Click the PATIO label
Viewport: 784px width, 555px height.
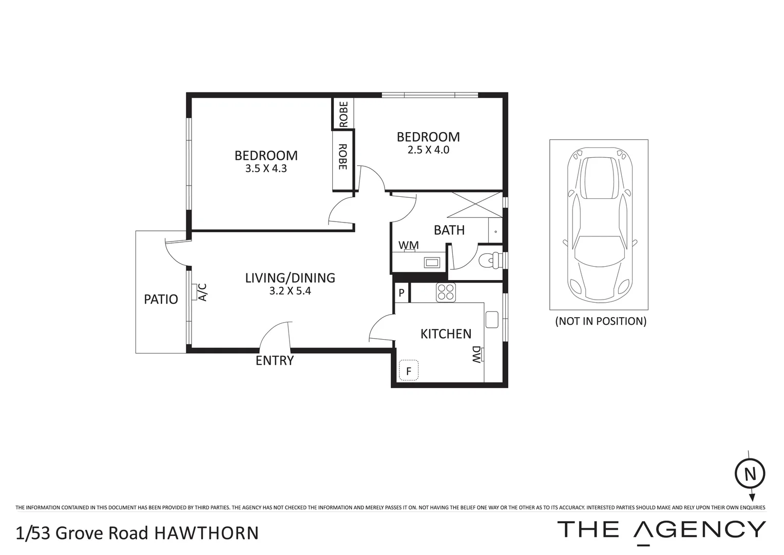coord(161,300)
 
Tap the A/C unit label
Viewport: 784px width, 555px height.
coord(202,292)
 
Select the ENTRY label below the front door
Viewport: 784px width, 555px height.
coord(275,361)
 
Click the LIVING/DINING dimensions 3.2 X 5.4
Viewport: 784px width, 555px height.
coord(290,291)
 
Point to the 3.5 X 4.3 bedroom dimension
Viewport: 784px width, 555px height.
coord(266,168)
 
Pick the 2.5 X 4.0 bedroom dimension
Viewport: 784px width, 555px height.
coord(428,150)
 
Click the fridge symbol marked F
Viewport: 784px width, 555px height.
coord(409,371)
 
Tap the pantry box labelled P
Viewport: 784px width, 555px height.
coord(401,293)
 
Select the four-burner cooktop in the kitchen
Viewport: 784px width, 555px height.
coord(446,292)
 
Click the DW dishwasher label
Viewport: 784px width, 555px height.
coord(476,354)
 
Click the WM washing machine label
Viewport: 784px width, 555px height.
coord(409,245)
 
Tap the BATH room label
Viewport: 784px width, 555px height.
coord(449,230)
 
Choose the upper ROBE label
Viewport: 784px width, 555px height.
coord(343,114)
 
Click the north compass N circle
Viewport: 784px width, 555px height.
coord(750,473)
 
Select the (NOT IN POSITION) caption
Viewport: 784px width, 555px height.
coord(600,321)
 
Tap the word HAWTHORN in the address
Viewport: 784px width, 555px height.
coord(207,533)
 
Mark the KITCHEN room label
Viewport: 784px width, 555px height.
coord(446,334)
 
